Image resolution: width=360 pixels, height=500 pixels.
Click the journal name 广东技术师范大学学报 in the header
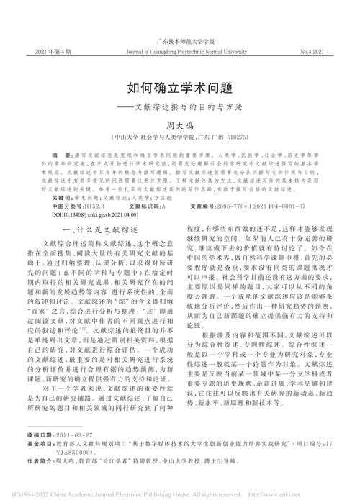click(179, 43)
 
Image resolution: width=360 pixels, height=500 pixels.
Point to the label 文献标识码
click(145, 204)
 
